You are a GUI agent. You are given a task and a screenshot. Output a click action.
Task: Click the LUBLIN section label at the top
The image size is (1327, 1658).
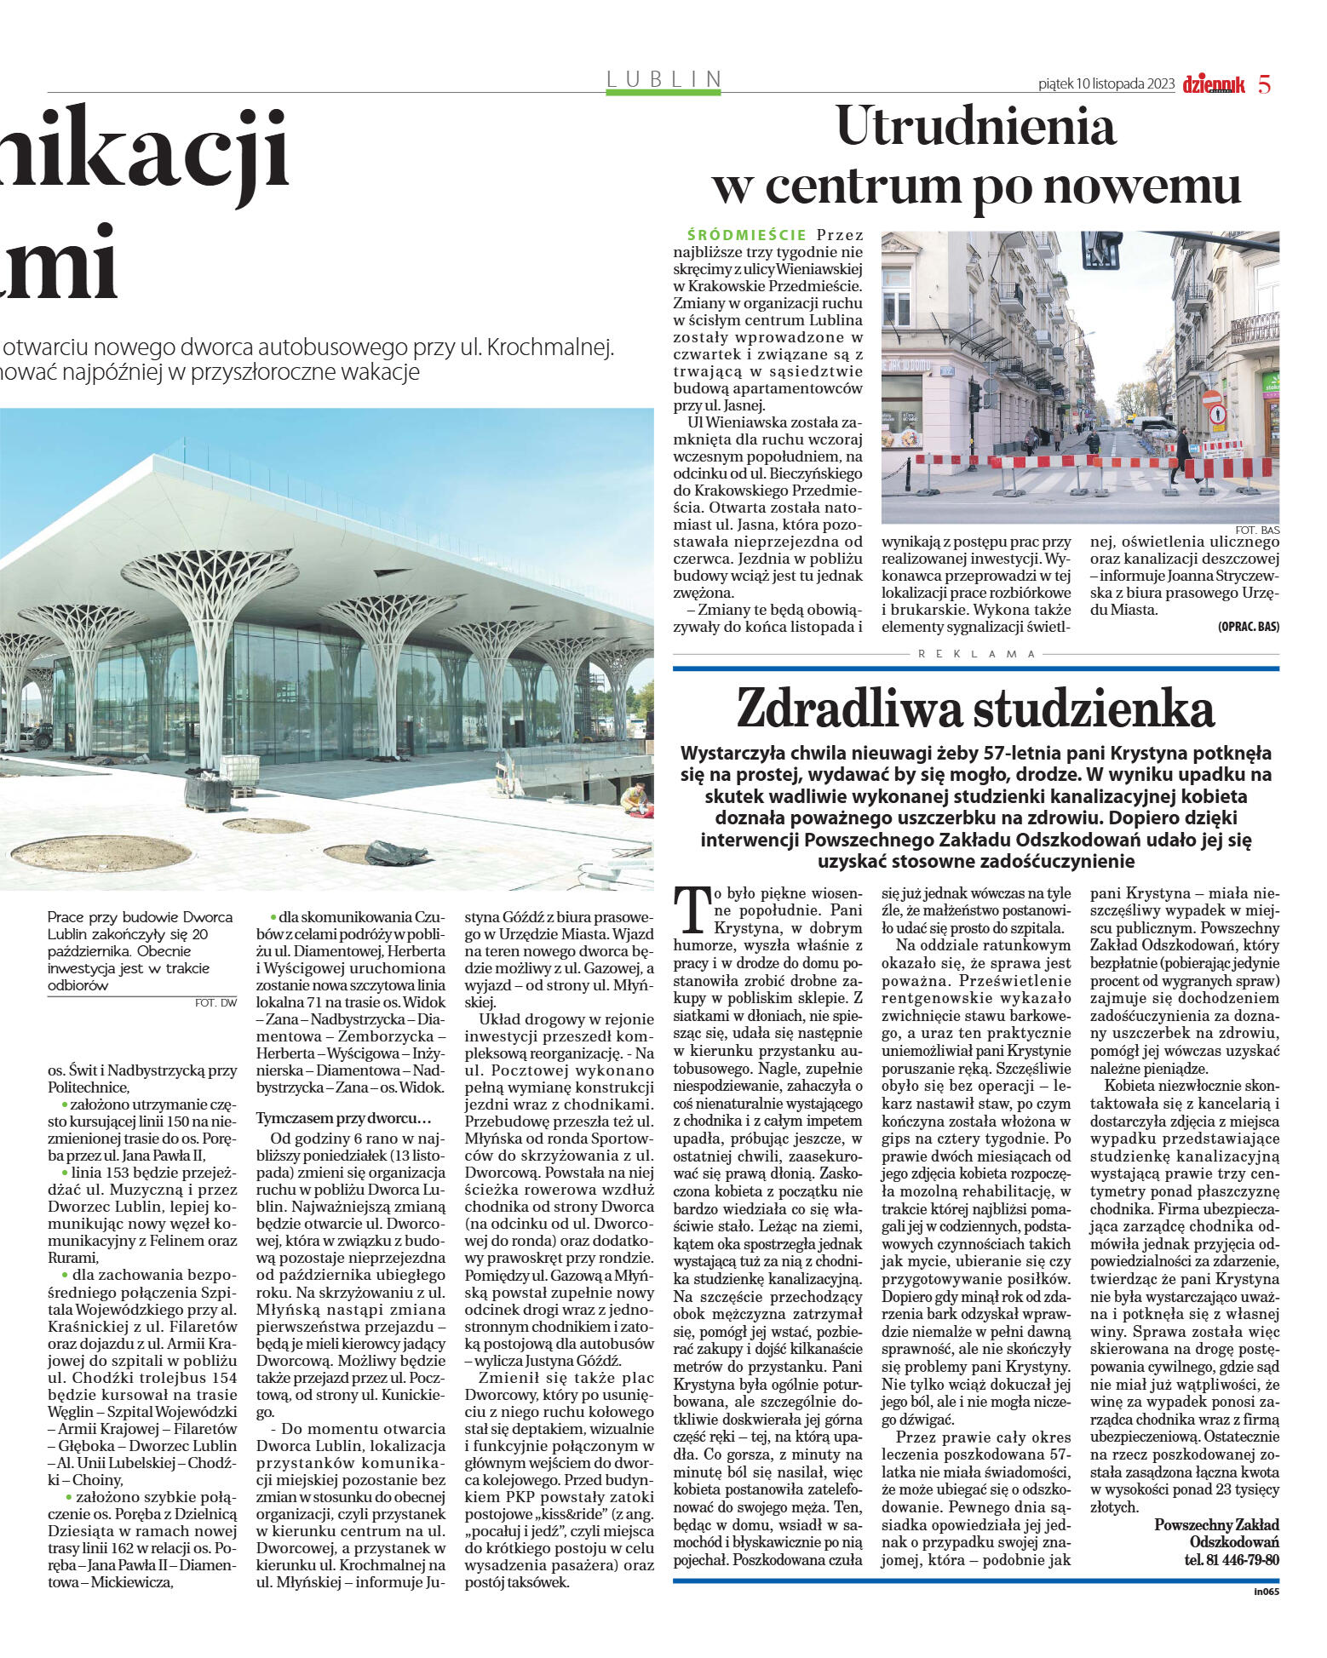click(x=663, y=79)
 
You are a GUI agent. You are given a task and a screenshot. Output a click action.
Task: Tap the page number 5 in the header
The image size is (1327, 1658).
click(x=1264, y=84)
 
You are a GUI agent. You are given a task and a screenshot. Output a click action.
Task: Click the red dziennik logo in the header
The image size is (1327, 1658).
click(x=1213, y=84)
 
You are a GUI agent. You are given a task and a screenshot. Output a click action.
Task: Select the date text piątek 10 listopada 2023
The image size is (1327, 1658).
click(x=1106, y=84)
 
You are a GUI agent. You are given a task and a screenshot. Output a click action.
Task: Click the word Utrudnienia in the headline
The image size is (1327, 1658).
click(x=976, y=127)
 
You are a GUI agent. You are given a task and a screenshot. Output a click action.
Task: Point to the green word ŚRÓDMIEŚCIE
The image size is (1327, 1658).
click(x=747, y=235)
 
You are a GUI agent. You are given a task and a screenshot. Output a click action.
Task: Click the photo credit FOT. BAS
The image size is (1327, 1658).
click(x=1261, y=531)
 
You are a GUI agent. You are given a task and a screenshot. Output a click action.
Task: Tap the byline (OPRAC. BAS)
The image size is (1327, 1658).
click(x=1249, y=627)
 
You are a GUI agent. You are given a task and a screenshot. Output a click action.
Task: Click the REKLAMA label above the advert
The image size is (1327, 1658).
click(x=976, y=654)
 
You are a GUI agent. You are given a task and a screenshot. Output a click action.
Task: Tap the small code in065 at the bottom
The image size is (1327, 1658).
click(x=1267, y=1591)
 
